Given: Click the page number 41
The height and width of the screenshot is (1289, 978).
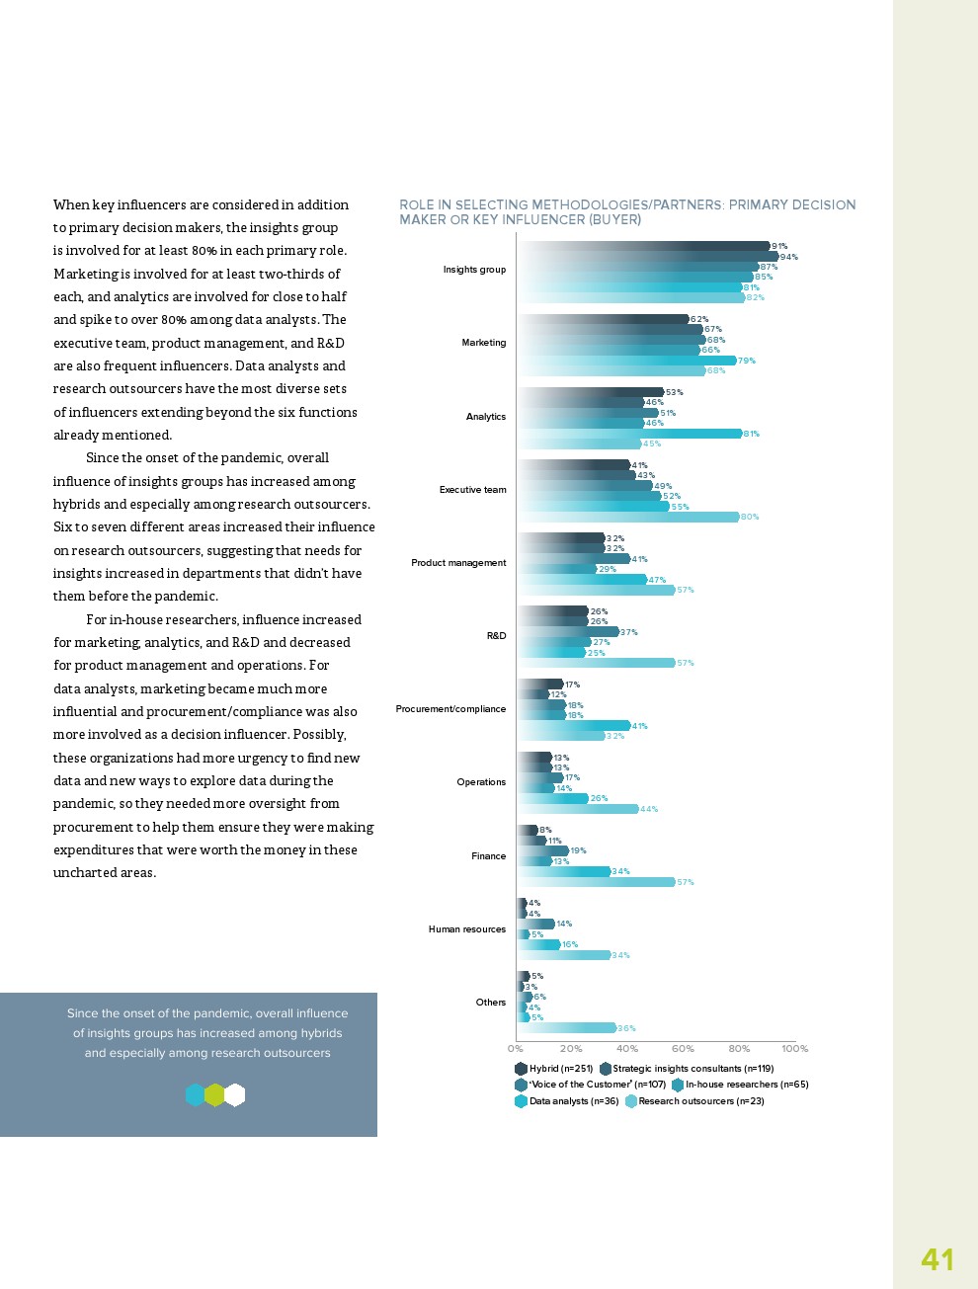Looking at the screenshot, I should pyautogui.click(x=937, y=1259).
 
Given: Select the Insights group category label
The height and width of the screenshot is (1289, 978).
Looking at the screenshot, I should pyautogui.click(x=474, y=270).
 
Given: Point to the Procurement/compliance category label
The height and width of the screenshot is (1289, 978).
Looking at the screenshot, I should pyautogui.click(x=450, y=709).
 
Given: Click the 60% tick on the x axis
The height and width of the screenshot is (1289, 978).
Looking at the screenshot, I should pyautogui.click(x=683, y=1049).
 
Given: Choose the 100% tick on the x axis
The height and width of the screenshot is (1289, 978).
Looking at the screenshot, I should pyautogui.click(x=794, y=1049).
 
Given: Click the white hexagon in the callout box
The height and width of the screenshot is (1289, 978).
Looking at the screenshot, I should pyautogui.click(x=235, y=1095).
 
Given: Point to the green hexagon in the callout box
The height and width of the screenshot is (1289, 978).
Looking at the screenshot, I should pyautogui.click(x=214, y=1095).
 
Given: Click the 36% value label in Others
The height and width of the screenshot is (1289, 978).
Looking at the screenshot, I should pyautogui.click(x=626, y=1028).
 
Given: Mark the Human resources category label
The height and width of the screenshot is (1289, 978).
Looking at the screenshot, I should pyautogui.click(x=466, y=929).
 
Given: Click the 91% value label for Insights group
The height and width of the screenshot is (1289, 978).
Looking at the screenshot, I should pyautogui.click(x=779, y=246).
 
